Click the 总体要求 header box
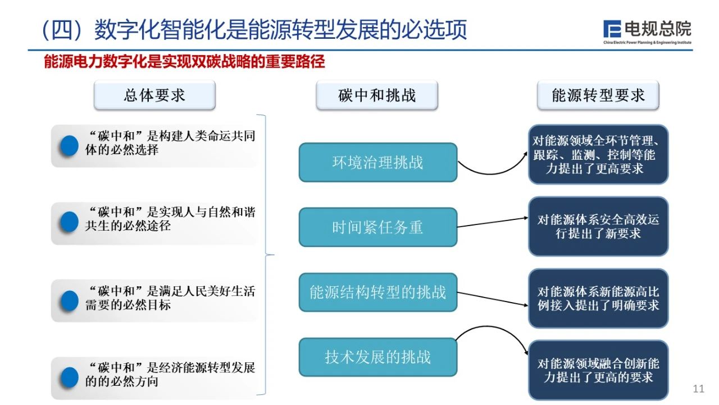(x=154, y=95)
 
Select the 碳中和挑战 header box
(x=377, y=95)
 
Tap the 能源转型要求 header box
(x=598, y=95)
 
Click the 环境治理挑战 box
(x=378, y=163)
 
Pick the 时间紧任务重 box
(x=378, y=227)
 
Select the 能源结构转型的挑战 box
(x=378, y=292)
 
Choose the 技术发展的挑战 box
(x=378, y=357)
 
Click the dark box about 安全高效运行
(x=598, y=227)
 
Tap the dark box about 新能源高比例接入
(x=598, y=299)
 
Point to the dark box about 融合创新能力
(x=598, y=370)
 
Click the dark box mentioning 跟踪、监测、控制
(x=598, y=154)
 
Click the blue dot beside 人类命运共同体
(x=69, y=146)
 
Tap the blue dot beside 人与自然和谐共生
(x=69, y=222)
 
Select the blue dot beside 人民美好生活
(x=69, y=301)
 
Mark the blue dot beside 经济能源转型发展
(x=69, y=377)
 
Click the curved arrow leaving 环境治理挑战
(x=491, y=174)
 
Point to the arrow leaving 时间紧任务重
(x=493, y=222)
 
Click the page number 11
(x=698, y=389)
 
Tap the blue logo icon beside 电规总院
(x=612, y=29)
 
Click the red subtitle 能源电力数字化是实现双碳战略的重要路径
(x=184, y=61)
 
